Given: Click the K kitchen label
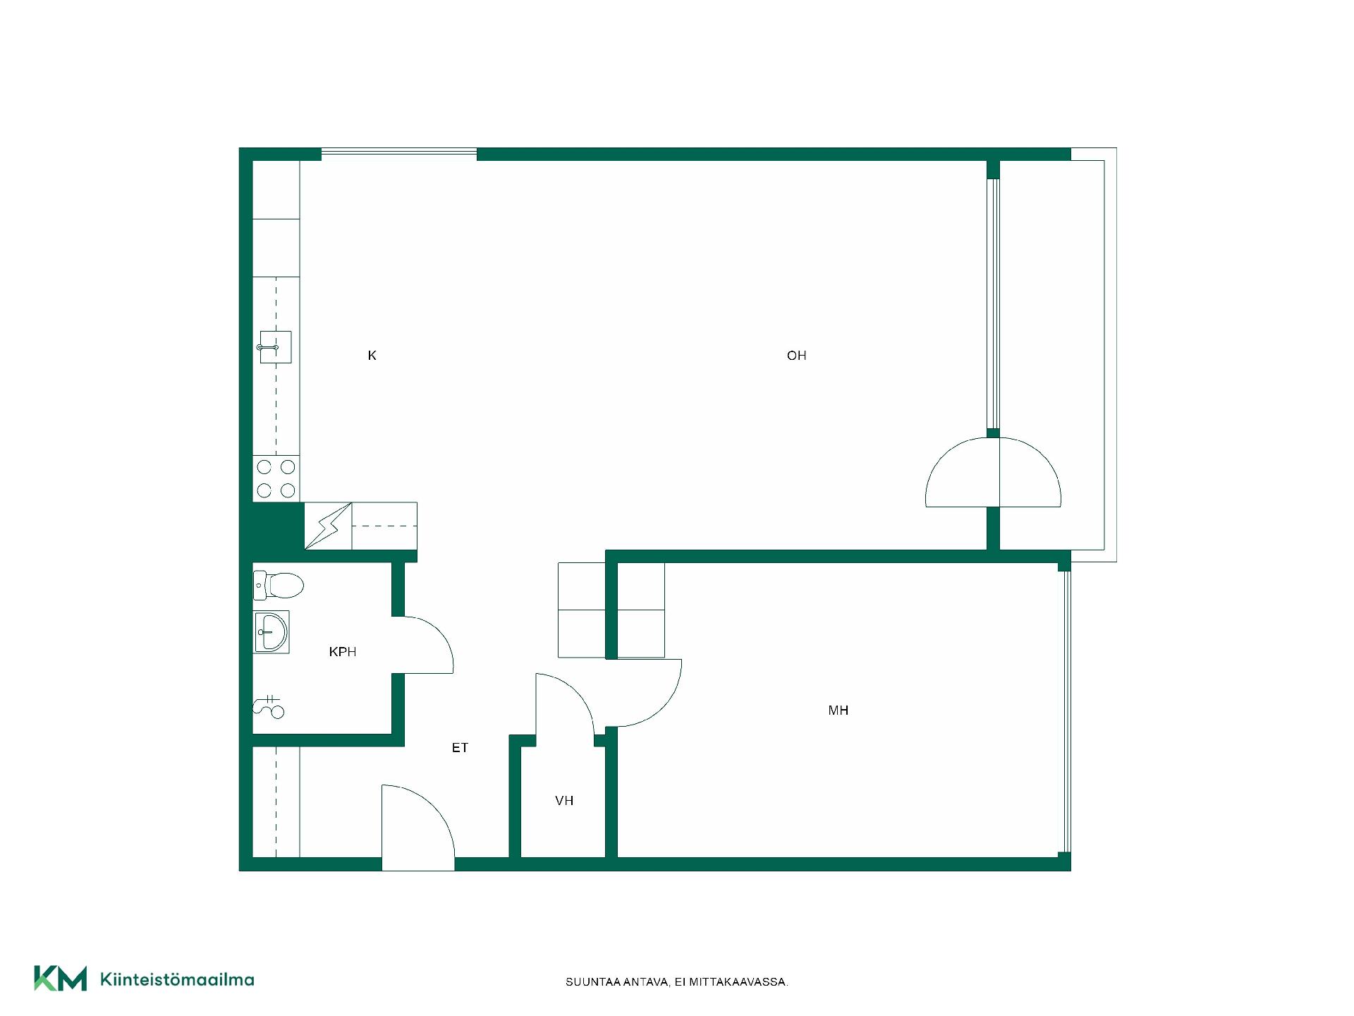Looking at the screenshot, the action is [372, 356].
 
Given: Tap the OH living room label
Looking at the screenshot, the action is [796, 356].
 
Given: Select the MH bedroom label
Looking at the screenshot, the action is [838, 710].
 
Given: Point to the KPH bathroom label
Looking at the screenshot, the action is [343, 652].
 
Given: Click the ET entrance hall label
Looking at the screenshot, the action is [460, 748].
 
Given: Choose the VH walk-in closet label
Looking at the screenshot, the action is [564, 801].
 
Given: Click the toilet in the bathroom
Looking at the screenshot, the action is [279, 585].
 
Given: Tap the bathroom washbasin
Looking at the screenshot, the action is [272, 631].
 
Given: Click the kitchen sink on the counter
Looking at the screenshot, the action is [276, 347].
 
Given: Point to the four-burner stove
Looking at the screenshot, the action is [276, 478].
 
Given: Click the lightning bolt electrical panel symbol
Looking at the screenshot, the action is [328, 526].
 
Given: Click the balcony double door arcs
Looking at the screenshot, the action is [993, 472].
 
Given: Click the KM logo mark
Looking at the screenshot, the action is [61, 979].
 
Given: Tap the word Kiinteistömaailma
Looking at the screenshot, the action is [177, 979].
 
